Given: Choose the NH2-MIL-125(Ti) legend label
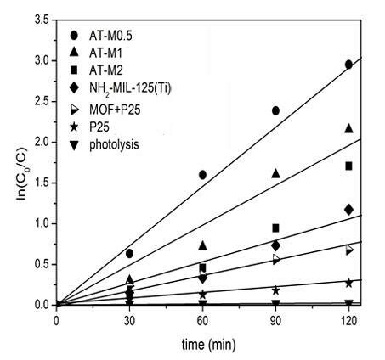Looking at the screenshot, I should coord(127,88).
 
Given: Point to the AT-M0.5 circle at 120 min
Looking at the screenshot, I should coord(348,65).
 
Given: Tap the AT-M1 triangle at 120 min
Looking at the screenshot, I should coord(348,127).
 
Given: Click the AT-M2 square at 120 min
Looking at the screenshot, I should coord(348,166).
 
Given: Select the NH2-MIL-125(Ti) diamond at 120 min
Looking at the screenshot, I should coord(348,209).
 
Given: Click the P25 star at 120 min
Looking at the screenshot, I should coord(348,283).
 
